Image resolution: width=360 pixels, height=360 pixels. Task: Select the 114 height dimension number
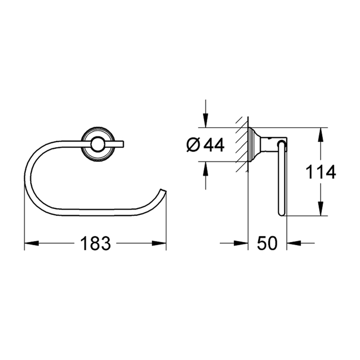321,172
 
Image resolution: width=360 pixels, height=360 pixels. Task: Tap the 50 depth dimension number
267,244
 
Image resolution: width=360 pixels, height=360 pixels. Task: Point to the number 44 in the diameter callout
214,145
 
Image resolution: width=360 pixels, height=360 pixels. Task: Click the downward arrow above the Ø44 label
205,121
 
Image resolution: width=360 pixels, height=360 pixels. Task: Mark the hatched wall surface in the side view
242,144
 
